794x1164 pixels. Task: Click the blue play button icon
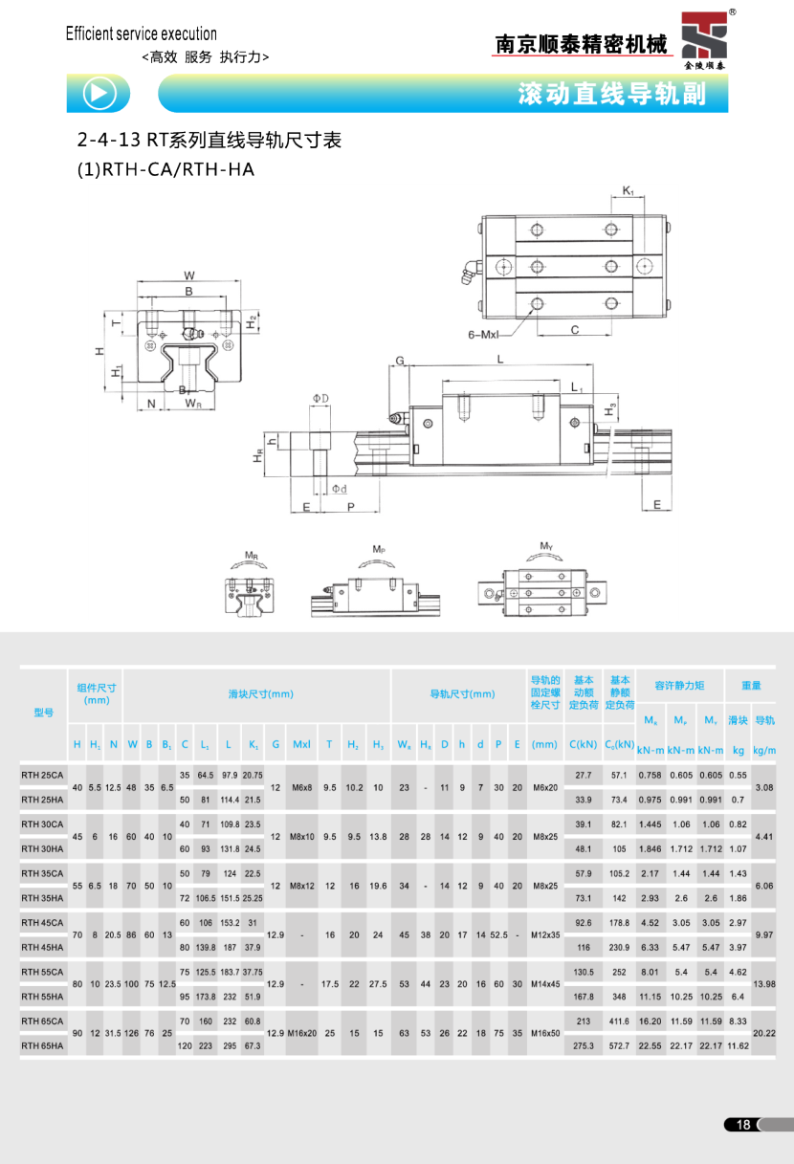[x=100, y=93]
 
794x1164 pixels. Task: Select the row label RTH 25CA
[x=43, y=774]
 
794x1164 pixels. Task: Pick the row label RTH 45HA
[x=43, y=947]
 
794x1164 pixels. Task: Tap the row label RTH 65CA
[x=43, y=1021]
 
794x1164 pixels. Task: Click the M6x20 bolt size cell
[x=545, y=787]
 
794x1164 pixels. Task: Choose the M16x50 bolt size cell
[x=545, y=1034]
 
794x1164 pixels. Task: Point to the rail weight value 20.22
[x=764, y=1034]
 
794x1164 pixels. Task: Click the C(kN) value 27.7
[x=584, y=774]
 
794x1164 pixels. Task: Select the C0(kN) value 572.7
[x=619, y=1046]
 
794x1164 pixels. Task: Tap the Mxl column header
[x=301, y=743]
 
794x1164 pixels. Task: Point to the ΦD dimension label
[x=320, y=397]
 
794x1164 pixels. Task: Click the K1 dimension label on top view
[x=629, y=191]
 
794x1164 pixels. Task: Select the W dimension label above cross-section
[x=188, y=276]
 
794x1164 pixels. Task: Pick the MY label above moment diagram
[x=546, y=546]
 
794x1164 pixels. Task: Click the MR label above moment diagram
[x=251, y=555]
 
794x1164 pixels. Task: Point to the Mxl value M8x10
[x=301, y=836]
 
